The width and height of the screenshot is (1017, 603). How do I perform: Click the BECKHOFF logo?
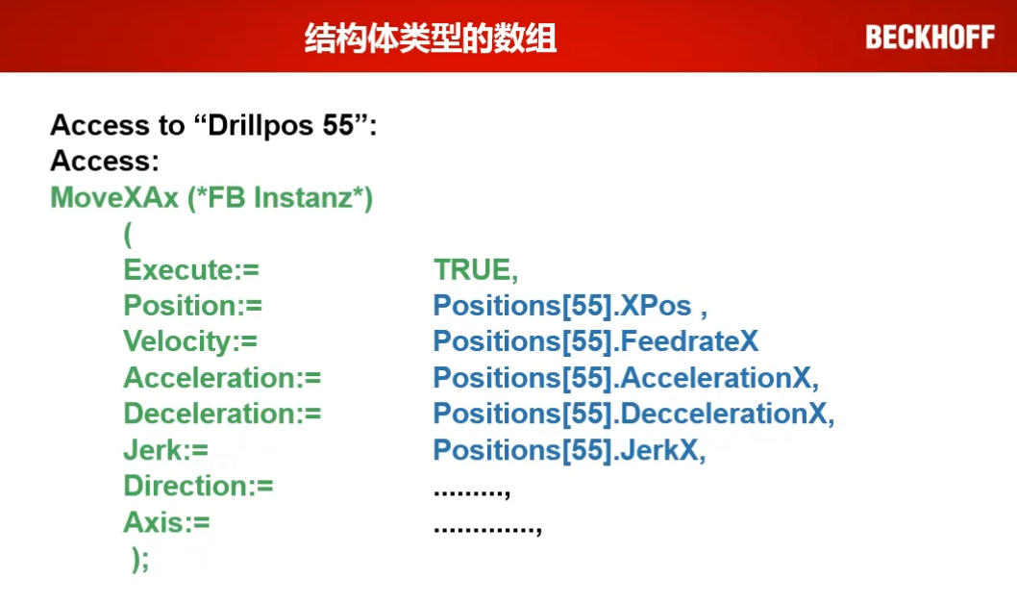click(930, 37)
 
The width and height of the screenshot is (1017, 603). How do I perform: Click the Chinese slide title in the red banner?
click(431, 38)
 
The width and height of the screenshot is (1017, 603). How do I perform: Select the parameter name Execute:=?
click(191, 270)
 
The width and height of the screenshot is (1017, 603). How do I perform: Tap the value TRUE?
click(476, 270)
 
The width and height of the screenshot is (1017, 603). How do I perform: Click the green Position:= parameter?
click(192, 306)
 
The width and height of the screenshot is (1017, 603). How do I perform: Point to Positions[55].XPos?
click(562, 306)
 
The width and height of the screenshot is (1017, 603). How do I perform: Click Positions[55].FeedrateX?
click(596, 341)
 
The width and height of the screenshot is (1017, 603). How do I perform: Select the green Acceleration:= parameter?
click(222, 378)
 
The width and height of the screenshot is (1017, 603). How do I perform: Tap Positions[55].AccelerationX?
click(626, 378)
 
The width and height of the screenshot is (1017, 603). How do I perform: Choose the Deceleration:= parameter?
click(222, 414)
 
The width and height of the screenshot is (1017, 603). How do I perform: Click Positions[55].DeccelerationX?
click(633, 414)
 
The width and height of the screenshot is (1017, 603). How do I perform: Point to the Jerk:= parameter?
click(166, 450)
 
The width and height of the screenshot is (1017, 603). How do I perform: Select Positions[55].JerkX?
click(569, 450)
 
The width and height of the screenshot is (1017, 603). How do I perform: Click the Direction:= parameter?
click(198, 486)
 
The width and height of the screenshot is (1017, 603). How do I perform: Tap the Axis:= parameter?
click(166, 522)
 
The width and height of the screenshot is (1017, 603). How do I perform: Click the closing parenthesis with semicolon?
click(140, 559)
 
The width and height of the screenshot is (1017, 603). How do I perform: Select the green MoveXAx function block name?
click(114, 198)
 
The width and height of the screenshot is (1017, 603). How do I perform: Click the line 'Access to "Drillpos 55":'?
click(213, 125)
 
